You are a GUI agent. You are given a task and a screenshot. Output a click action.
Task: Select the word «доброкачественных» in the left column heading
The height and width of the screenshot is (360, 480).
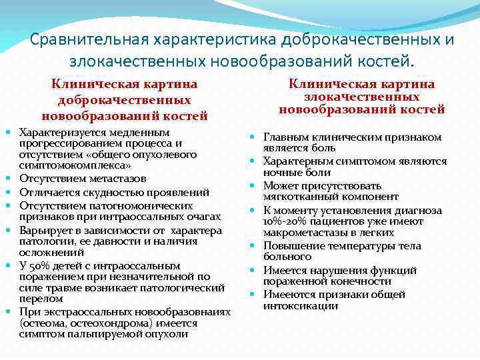(x=125, y=99)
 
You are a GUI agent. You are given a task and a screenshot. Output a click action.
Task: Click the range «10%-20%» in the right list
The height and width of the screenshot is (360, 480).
(x=287, y=221)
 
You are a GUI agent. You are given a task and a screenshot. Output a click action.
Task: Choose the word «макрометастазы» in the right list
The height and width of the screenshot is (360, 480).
(x=302, y=233)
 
